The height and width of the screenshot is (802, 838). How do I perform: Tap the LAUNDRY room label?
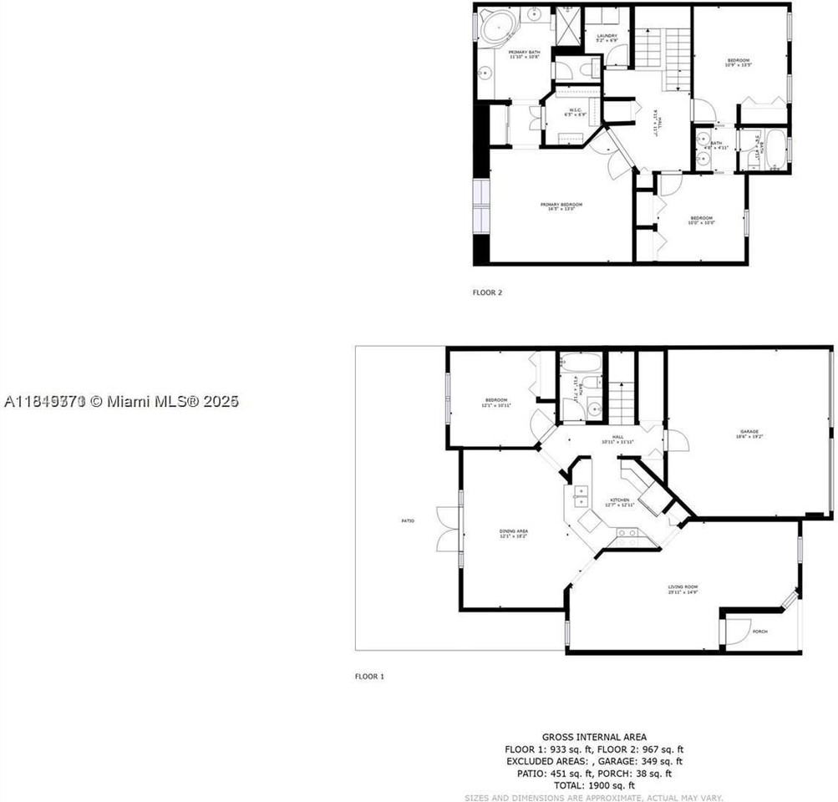[607, 35]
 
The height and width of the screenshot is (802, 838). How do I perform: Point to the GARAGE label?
[748, 432]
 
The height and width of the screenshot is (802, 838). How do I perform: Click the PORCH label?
[760, 631]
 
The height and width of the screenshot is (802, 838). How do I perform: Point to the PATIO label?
[408, 520]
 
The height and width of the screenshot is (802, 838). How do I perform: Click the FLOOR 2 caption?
[487, 292]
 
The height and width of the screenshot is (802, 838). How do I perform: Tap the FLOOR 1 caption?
[369, 676]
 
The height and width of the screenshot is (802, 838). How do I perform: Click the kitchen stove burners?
[627, 532]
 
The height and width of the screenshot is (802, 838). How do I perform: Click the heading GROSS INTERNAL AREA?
[593, 737]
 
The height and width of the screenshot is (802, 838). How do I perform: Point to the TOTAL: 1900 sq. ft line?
[593, 785]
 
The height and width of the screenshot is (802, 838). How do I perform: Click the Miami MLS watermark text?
[122, 402]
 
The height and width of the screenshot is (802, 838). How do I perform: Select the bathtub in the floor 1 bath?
[580, 363]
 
